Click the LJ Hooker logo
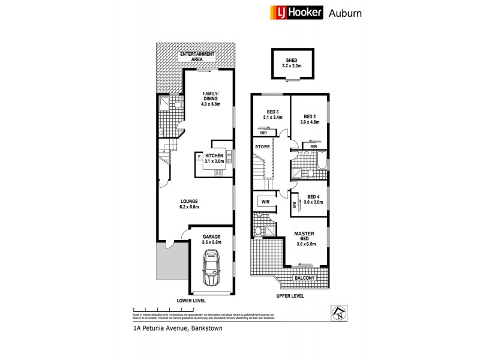pyautogui.click(x=294, y=12)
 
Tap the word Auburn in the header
pyautogui.click(x=345, y=13)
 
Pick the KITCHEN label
pyautogui.click(x=214, y=158)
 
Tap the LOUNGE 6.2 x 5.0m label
pyautogui.click(x=188, y=204)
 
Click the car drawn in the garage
pyautogui.click(x=211, y=268)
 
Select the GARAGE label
pyautogui.click(x=211, y=239)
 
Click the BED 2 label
pyautogui.click(x=310, y=119)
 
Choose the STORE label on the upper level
pyautogui.click(x=262, y=146)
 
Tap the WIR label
pyautogui.click(x=265, y=202)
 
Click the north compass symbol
pyautogui.click(x=338, y=313)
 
